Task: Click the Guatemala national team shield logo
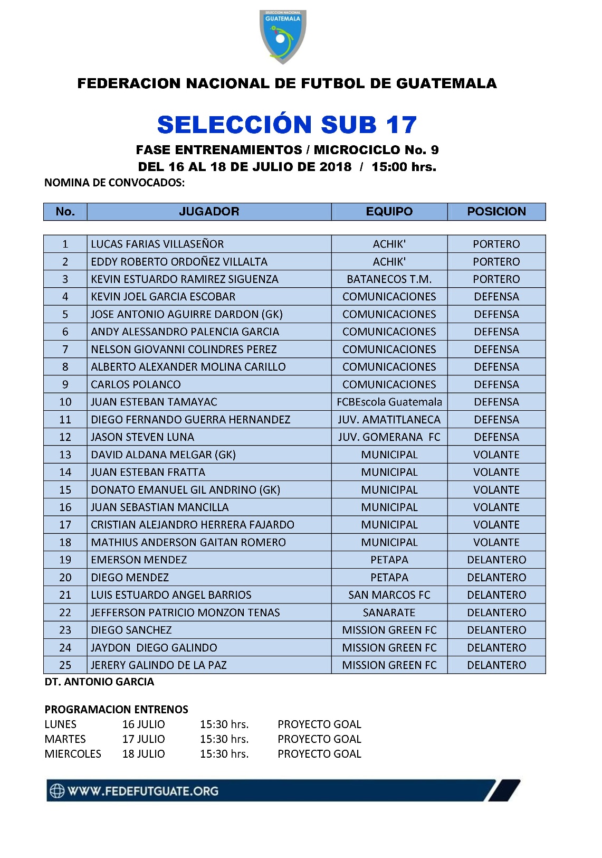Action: point(283,36)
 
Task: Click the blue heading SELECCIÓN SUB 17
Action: point(287,125)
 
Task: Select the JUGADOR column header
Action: point(209,212)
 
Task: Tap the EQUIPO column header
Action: point(389,212)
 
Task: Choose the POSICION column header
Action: point(496,212)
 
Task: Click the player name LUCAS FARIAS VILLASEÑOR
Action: point(157,244)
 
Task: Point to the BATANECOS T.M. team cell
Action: point(389,279)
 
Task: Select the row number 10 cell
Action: point(65,402)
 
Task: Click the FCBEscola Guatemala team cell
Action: point(389,402)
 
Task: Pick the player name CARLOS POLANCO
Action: point(136,384)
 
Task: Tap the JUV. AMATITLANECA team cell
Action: point(389,420)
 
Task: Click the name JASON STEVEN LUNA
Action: point(142,437)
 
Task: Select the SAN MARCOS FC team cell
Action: point(389,595)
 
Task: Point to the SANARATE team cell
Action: point(389,612)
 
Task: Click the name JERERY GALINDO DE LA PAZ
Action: point(159,665)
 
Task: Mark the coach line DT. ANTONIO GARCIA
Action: point(99,682)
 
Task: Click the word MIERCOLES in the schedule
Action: point(73,754)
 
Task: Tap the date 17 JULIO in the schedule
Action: point(144,739)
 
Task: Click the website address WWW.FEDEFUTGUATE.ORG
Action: point(143,791)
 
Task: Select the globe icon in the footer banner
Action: point(57,791)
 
